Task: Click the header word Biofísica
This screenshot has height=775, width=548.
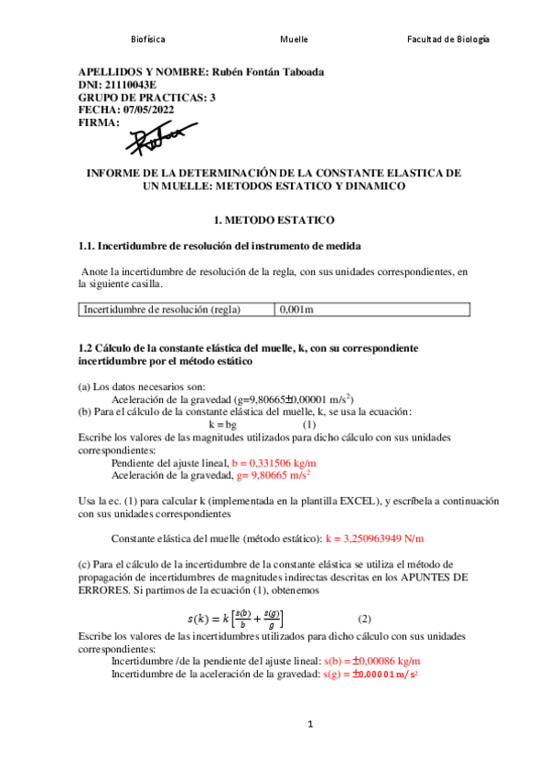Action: [x=148, y=39]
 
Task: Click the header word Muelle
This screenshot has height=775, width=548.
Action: [x=294, y=39]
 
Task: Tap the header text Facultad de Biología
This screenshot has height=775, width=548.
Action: [x=448, y=39]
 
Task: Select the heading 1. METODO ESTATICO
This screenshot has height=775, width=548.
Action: [x=274, y=220]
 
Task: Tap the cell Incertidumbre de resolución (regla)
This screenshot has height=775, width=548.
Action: [x=162, y=310]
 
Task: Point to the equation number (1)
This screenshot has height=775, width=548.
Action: [x=309, y=425]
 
